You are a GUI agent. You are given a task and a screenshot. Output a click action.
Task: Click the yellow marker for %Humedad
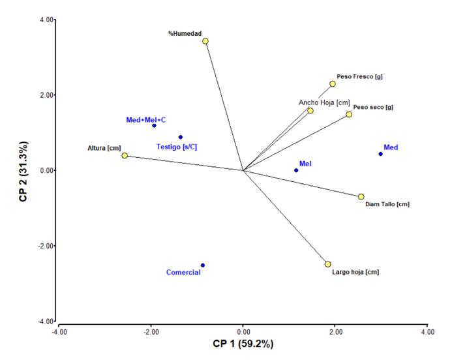tap(205, 41)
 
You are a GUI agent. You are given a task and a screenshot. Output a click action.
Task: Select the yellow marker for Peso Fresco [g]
tap(333, 83)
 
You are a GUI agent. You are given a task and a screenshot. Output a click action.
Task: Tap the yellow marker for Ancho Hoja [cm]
tap(310, 111)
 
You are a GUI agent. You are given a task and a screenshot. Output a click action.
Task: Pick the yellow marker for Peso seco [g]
tap(349, 114)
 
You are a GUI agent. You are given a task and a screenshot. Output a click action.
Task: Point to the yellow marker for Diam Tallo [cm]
tap(361, 196)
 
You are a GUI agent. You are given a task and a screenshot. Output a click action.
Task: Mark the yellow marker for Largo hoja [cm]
tap(328, 264)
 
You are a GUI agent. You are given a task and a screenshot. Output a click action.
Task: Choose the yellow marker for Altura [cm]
tap(125, 155)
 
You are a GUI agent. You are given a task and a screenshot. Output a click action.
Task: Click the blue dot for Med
tap(380, 154)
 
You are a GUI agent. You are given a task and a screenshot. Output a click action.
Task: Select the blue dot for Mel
tap(296, 170)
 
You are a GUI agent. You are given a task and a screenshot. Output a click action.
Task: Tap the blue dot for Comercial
tap(203, 265)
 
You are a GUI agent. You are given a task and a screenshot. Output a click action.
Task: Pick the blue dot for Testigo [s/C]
tap(181, 137)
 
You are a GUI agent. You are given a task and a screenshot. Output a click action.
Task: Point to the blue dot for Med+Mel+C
tap(154, 125)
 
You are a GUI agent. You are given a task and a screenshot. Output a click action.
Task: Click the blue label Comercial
tap(183, 273)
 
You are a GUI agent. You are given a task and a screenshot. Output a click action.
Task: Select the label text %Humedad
tap(186, 33)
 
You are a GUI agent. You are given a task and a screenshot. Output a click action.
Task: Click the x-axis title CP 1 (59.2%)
tap(243, 344)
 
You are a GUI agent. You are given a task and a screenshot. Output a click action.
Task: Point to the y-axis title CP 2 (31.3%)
tap(24, 171)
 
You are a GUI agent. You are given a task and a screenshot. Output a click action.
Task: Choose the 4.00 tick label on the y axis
tap(46, 20)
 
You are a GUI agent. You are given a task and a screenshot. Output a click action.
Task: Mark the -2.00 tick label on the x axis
tap(151, 332)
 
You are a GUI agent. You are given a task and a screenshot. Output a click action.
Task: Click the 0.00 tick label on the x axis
tap(243, 332)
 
